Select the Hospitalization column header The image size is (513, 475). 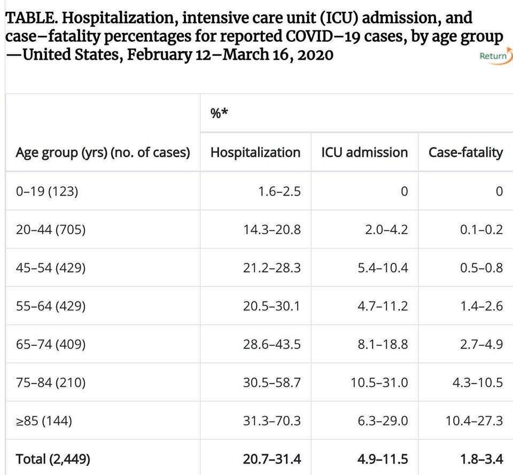pyautogui.click(x=255, y=152)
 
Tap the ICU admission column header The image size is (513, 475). pyautogui.click(x=364, y=152)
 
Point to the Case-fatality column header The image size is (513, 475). pyautogui.click(x=465, y=152)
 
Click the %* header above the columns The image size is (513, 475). pyautogui.click(x=219, y=113)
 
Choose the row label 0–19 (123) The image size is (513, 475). pyautogui.click(x=47, y=191)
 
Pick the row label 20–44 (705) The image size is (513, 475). pyautogui.click(x=51, y=229)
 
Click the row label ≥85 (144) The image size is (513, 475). pyautogui.click(x=44, y=421)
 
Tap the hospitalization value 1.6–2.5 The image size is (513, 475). pyautogui.click(x=279, y=191)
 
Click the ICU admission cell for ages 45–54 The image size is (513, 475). pyautogui.click(x=383, y=268)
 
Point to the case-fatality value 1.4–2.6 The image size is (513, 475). pyautogui.click(x=481, y=306)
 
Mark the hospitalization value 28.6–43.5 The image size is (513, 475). pyautogui.click(x=271, y=344)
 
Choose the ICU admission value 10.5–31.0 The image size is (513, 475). pyautogui.click(x=379, y=383)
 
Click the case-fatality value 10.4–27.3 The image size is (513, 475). pyautogui.click(x=474, y=421)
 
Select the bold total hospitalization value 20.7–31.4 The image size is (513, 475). pyautogui.click(x=271, y=459)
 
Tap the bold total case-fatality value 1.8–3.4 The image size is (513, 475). pyautogui.click(x=481, y=459)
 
